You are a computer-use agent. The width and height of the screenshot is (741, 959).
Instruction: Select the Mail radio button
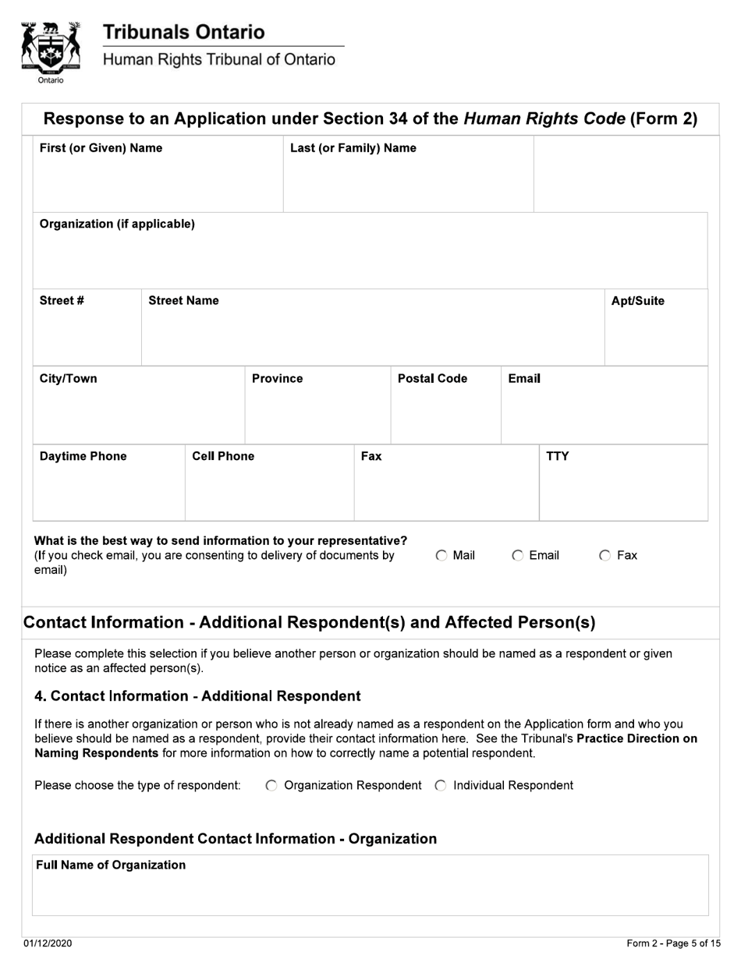click(x=441, y=556)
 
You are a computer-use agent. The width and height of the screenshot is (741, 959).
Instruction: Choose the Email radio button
click(x=518, y=556)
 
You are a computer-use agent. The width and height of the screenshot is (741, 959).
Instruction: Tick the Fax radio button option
click(x=605, y=556)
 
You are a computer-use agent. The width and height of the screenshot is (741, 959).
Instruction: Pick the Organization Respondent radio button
click(x=271, y=786)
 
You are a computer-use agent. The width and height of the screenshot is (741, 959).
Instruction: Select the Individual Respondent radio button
click(x=441, y=786)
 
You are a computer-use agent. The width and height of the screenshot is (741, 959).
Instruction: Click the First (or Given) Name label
click(x=101, y=148)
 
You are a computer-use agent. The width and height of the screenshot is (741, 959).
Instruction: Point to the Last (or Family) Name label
click(x=353, y=148)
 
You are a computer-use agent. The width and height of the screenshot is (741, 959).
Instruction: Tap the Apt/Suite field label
click(x=637, y=301)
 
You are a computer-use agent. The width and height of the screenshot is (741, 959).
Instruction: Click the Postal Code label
click(x=432, y=379)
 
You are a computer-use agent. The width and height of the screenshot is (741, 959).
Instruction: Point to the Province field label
click(x=277, y=379)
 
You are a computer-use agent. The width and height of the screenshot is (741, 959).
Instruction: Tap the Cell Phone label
click(x=223, y=457)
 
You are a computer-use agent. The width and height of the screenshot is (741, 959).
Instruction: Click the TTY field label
click(x=557, y=457)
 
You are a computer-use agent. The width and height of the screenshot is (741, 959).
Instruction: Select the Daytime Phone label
click(x=83, y=457)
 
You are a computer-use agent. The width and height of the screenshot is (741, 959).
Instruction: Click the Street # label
click(x=62, y=301)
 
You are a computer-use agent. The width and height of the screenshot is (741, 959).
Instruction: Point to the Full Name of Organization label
click(x=111, y=865)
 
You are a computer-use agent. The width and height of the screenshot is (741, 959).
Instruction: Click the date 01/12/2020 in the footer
click(x=48, y=944)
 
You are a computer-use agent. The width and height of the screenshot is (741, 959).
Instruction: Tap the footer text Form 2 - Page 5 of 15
click(x=673, y=944)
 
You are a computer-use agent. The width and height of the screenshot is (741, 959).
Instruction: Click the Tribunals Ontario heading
click(x=184, y=33)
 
